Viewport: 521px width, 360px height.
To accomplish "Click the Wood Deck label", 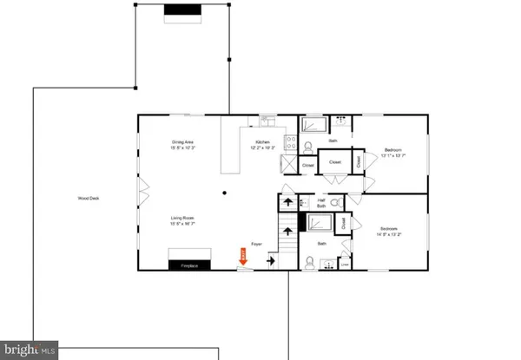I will coord(85,199).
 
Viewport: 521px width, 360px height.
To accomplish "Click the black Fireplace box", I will coord(190,265).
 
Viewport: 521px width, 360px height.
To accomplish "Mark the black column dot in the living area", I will coord(224,193).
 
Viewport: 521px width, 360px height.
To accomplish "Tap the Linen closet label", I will coord(345,265).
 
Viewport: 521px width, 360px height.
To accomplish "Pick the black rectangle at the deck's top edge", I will coord(182,9).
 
